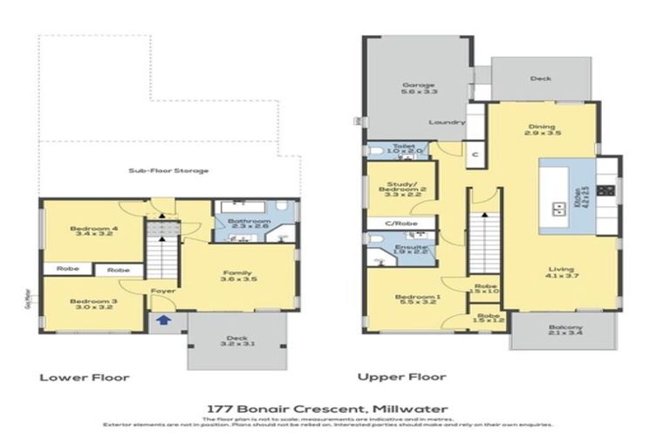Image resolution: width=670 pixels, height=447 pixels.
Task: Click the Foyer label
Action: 163,291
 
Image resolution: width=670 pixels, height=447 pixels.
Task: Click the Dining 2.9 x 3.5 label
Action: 542,129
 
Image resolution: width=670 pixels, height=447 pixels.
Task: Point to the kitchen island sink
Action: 556,208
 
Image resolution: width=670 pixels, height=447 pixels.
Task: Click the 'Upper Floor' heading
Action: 401,377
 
